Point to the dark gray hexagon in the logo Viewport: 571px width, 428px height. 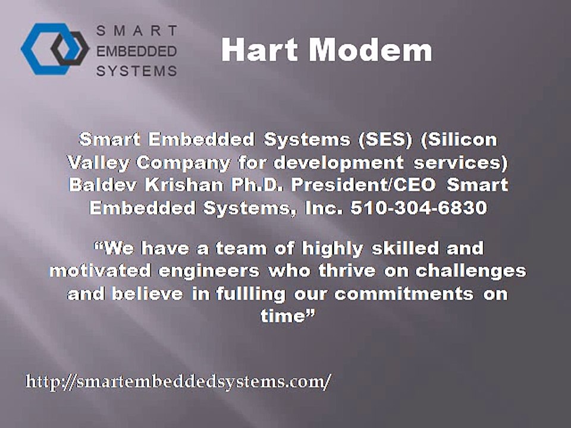[x=70, y=49]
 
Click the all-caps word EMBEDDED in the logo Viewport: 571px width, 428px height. [x=137, y=51]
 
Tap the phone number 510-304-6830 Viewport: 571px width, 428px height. [x=437, y=209]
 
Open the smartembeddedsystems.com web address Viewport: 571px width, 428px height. [x=178, y=381]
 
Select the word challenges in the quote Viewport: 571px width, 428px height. [x=470, y=270]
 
